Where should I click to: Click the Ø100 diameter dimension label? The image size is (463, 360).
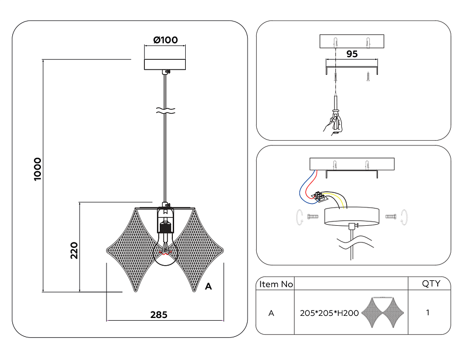[x=165, y=40]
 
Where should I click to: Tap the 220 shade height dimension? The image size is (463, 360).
[x=74, y=250]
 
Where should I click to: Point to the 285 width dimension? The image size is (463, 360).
[x=159, y=315]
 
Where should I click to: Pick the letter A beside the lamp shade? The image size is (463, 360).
[x=208, y=287]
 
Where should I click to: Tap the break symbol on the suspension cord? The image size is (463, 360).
[x=165, y=112]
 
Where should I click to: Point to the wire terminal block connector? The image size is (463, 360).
[x=322, y=196]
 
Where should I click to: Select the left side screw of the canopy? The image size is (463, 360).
[x=313, y=217]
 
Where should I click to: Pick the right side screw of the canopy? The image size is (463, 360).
[x=391, y=217]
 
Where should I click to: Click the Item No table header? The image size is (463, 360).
[x=276, y=284]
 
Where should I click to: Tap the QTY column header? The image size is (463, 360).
[x=430, y=284]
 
